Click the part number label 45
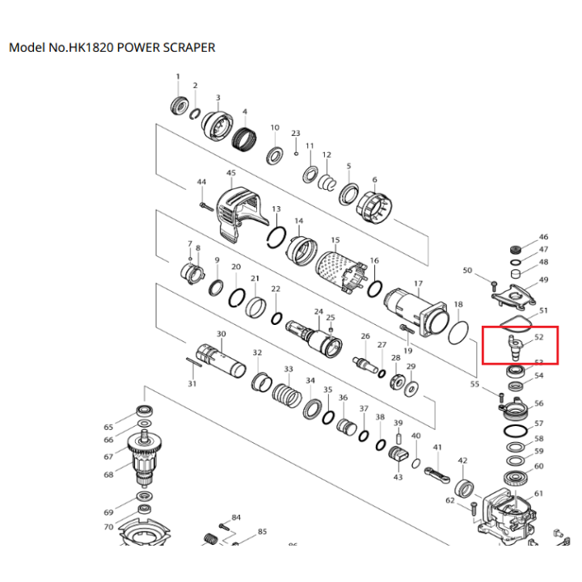click(x=231, y=173)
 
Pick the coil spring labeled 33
click(x=288, y=397)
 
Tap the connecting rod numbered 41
click(x=433, y=473)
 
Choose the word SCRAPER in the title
click(x=188, y=48)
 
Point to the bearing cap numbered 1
click(x=179, y=104)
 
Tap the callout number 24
click(x=318, y=311)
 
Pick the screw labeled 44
click(x=205, y=207)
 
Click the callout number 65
click(x=108, y=426)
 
